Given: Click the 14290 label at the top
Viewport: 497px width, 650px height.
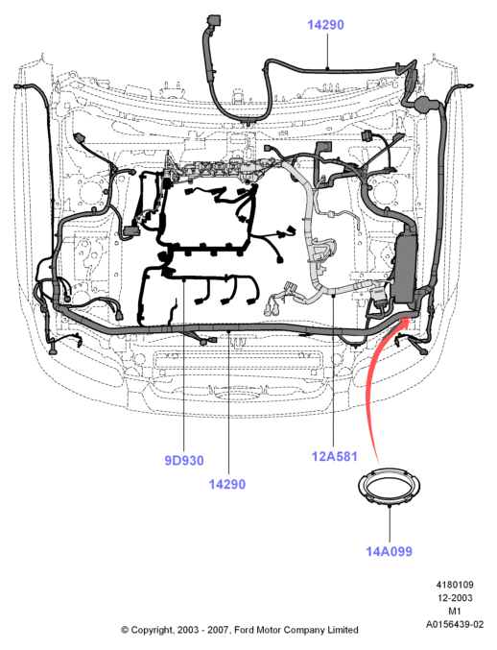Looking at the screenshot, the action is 325,25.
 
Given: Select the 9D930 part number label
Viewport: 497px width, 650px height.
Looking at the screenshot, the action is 184,461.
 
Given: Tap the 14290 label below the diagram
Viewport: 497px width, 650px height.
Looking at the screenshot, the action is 227,484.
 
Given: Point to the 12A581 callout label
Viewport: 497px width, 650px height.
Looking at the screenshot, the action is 334,456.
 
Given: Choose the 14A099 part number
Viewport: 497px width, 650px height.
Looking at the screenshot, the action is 389,551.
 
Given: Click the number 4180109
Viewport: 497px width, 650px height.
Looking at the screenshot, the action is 455,585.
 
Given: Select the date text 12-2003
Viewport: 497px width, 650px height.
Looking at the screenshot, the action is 455,598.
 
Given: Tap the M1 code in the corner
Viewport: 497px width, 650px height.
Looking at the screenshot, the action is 455,611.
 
